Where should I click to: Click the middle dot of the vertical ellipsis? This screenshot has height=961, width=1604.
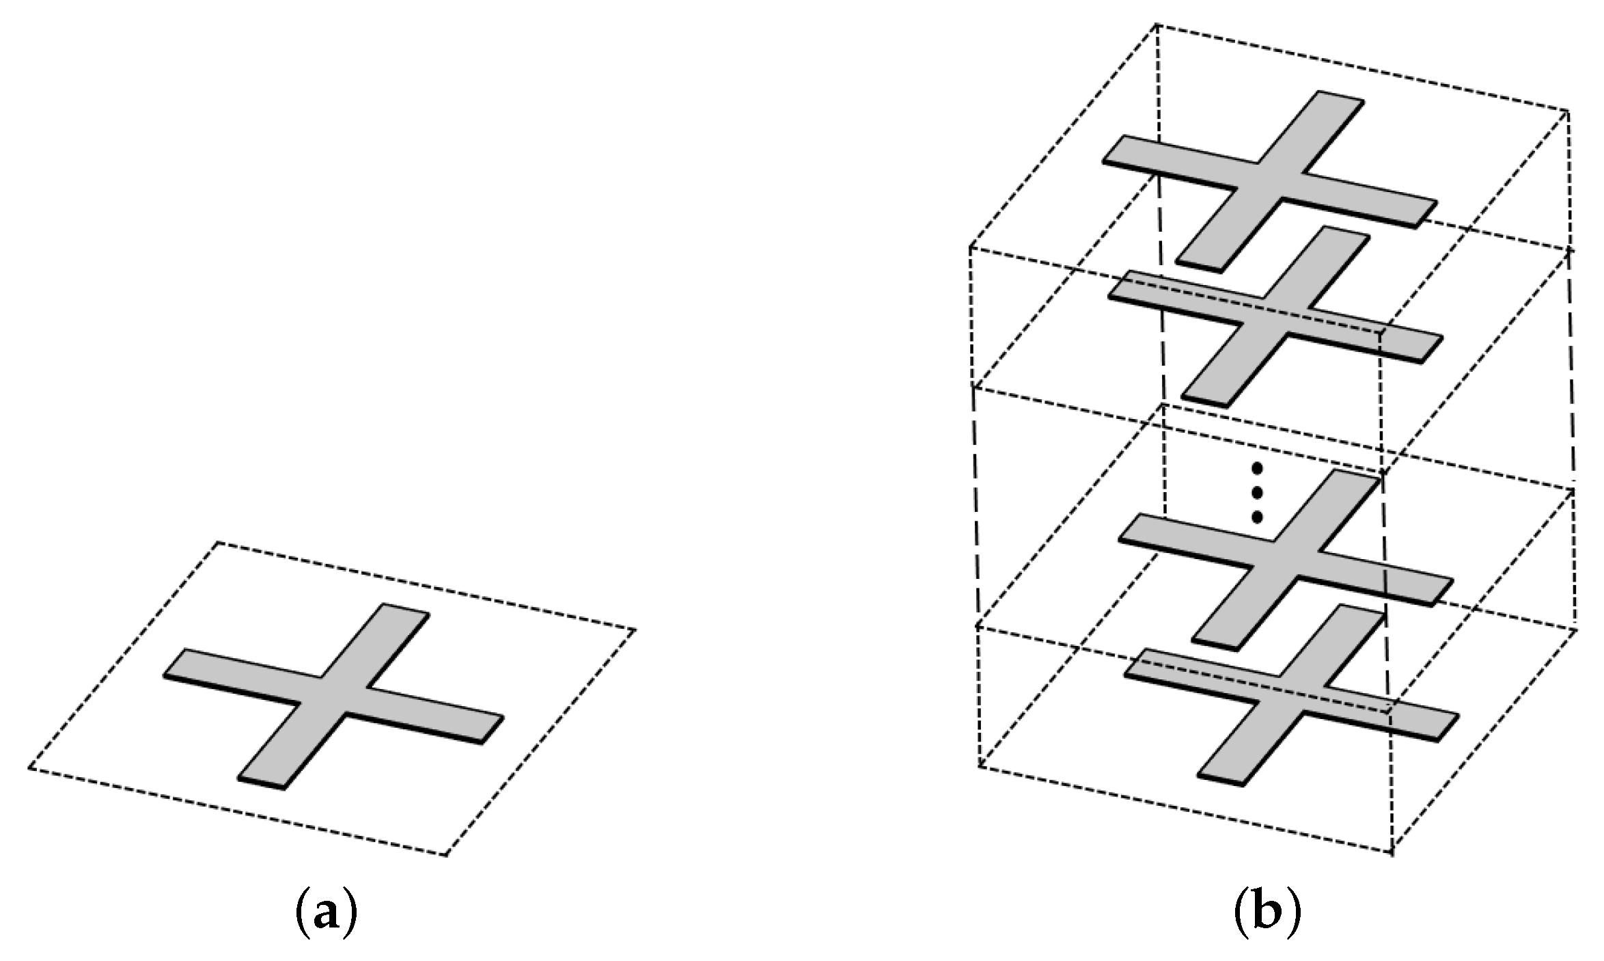1255,493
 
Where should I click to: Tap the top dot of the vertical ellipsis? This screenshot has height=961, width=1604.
1255,469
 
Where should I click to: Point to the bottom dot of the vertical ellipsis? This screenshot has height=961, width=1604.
1255,517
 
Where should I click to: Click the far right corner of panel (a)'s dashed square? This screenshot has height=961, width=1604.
635,629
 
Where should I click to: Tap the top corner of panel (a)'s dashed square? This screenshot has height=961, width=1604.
218,543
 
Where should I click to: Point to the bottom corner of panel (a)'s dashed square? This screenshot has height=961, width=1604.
445,854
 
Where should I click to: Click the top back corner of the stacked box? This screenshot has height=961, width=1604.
1157,25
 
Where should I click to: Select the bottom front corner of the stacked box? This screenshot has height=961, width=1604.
1392,853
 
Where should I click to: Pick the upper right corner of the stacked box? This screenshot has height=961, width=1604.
1568,111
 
